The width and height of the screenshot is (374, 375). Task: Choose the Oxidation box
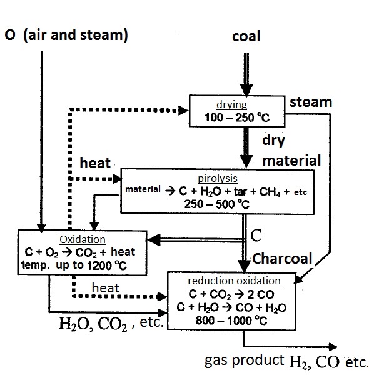pyautogui.click(x=81, y=252)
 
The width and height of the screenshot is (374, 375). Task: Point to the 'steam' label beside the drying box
pyautogui.click(x=310, y=102)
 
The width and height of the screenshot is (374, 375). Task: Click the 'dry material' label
pyautogui.click(x=291, y=150)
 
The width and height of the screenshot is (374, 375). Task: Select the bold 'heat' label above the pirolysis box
pyautogui.click(x=95, y=164)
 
